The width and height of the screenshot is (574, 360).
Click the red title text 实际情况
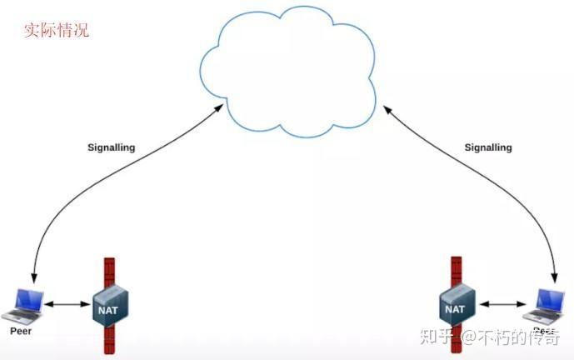pyautogui.click(x=56, y=31)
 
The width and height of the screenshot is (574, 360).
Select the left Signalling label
pyautogui.click(x=112, y=147)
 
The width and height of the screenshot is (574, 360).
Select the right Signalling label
pyautogui.click(x=487, y=147)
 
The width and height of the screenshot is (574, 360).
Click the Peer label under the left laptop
pyautogui.click(x=21, y=331)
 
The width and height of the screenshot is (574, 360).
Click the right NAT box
pyautogui.click(x=456, y=307)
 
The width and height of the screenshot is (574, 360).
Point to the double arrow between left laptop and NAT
pyautogui.click(x=67, y=305)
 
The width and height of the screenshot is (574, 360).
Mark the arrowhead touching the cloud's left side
pyautogui.click(x=221, y=109)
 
